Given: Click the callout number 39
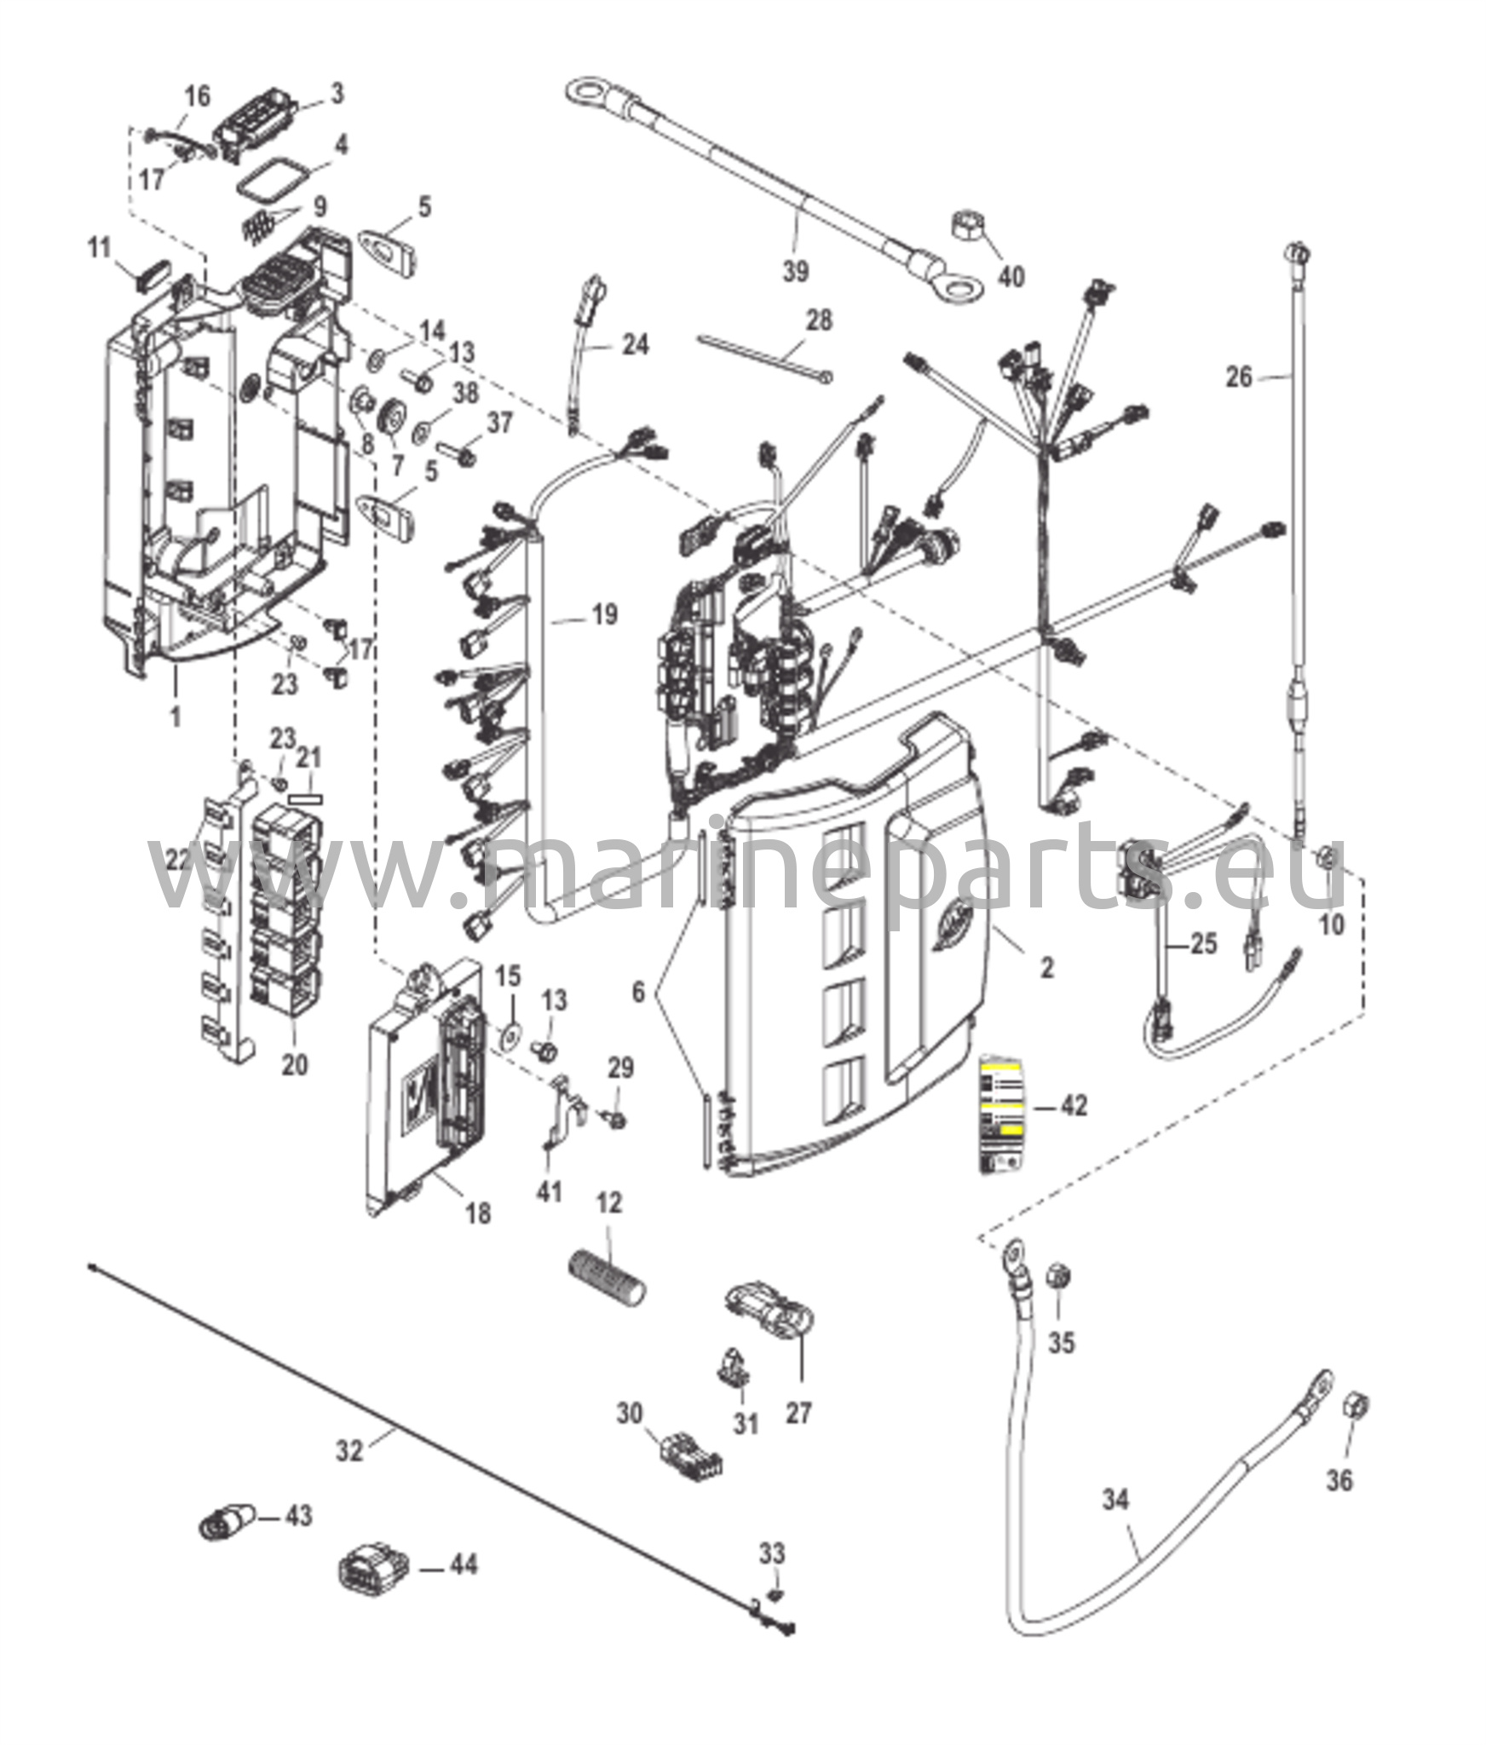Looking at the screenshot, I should [795, 271].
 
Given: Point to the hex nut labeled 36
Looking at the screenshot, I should [1355, 1404].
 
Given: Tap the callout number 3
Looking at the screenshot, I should [337, 93].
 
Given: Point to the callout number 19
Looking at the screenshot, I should [604, 613].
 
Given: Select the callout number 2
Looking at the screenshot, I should [1046, 966].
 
